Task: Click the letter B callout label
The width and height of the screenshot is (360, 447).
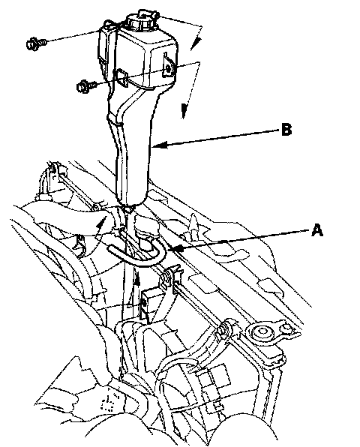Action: pyautogui.click(x=286, y=130)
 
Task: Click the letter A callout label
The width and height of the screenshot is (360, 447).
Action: pyautogui.click(x=317, y=230)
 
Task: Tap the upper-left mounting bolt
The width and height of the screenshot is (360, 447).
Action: pyautogui.click(x=35, y=43)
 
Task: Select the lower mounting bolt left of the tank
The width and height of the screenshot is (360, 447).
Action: pyautogui.click(x=85, y=86)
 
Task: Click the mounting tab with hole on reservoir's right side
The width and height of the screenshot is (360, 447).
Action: pyautogui.click(x=168, y=67)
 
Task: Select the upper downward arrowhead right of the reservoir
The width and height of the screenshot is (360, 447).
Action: pyautogui.click(x=196, y=44)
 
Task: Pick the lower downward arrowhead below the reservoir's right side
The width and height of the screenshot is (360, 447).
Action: pyautogui.click(x=184, y=110)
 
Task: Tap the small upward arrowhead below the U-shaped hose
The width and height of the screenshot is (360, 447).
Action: pyautogui.click(x=137, y=278)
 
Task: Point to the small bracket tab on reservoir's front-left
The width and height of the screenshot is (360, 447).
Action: pyautogui.click(x=121, y=77)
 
